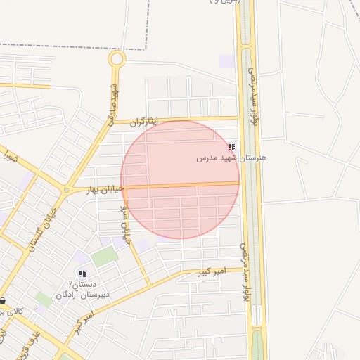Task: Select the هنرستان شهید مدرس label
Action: click(x=232, y=159)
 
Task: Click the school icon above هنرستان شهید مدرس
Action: click(x=231, y=148)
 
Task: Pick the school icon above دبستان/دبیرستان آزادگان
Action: click(x=82, y=274)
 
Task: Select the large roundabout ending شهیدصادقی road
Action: click(x=117, y=59)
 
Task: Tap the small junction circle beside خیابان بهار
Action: click(x=67, y=190)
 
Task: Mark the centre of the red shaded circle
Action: click(x=180, y=179)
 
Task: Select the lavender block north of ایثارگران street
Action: click(x=226, y=61)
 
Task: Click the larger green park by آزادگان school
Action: click(x=104, y=257)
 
